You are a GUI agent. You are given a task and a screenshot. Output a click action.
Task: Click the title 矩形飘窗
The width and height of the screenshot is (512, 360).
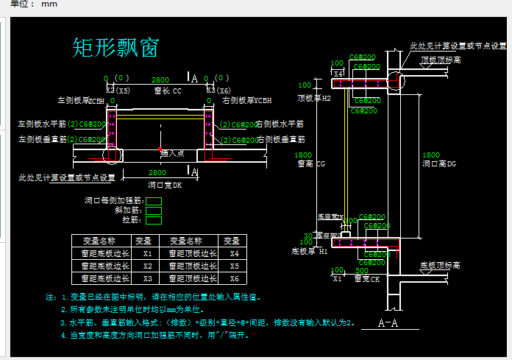pyautogui.click(x=115, y=47)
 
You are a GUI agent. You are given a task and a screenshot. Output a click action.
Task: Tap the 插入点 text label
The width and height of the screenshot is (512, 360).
pyautogui.click(x=173, y=153)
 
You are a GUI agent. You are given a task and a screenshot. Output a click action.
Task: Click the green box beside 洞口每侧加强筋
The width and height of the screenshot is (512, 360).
pyautogui.click(x=154, y=200)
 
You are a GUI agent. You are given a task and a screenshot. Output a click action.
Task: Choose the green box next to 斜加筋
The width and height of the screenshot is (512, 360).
pyautogui.click(x=154, y=210)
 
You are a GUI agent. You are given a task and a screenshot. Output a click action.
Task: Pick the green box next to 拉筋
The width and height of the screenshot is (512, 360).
pyautogui.click(x=154, y=219)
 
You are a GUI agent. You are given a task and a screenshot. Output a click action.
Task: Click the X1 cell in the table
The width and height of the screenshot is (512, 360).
pyautogui.click(x=147, y=253)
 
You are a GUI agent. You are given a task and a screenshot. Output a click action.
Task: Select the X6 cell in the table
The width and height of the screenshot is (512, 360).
pyautogui.click(x=233, y=278)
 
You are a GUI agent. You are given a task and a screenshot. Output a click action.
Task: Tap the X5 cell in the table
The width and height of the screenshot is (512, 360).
pyautogui.click(x=233, y=266)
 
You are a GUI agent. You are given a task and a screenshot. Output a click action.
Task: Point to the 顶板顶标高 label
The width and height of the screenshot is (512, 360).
pyautogui.click(x=441, y=60)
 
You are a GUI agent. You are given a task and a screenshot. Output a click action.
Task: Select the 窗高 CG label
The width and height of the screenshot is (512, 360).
pyautogui.click(x=310, y=164)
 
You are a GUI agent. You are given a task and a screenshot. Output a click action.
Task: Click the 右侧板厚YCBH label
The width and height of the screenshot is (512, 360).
pyautogui.click(x=246, y=100)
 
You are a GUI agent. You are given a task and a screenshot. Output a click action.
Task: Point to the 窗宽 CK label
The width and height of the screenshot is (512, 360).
pyautogui.click(x=367, y=279)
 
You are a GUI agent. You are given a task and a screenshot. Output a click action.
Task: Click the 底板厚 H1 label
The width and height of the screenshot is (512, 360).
pyautogui.click(x=313, y=251)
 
